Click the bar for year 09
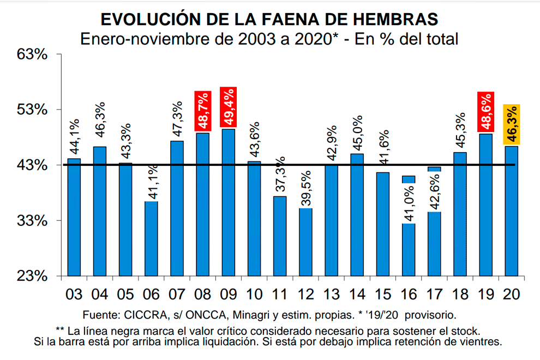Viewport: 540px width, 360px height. (229, 202)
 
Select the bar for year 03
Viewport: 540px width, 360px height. (74, 217)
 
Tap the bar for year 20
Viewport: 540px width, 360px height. (511, 211)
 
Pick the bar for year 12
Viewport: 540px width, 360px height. (305, 242)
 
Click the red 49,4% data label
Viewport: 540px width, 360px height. (228, 107)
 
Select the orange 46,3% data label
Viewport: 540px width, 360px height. (511, 124)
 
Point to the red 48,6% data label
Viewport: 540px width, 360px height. (485, 112)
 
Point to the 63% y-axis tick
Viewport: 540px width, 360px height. (34, 55)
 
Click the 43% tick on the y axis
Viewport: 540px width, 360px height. (34, 165)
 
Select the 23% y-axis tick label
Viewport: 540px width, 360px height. (34, 276)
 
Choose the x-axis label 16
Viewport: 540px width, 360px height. (409, 294)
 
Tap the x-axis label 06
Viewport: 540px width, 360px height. (151, 294)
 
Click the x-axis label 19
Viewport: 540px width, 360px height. (485, 294)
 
